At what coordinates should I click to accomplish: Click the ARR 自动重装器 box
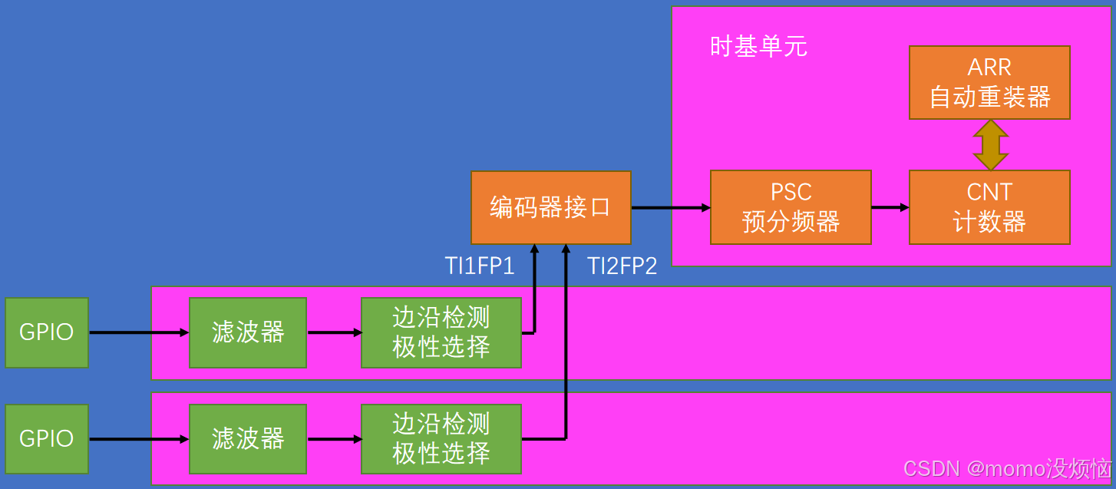point(989,82)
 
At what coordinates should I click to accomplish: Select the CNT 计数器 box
point(989,207)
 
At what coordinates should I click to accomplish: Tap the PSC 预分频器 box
point(791,207)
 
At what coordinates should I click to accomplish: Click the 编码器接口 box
point(550,207)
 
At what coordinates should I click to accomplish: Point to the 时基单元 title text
point(758,47)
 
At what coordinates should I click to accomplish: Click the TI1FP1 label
point(480,266)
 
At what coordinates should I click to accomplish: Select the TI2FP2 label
point(622,266)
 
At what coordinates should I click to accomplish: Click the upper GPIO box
point(47,332)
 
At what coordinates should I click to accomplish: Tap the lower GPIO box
point(47,438)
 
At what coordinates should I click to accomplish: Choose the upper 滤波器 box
point(248,332)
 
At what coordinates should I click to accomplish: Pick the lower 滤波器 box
point(248,438)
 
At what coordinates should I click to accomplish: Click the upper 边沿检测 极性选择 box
point(441,332)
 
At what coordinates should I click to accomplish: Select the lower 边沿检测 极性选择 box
point(441,438)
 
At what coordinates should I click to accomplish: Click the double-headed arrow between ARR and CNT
point(990,145)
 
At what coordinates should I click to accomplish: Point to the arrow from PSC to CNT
point(890,207)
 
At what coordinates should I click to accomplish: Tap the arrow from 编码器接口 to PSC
point(670,207)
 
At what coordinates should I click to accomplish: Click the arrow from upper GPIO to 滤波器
point(138,332)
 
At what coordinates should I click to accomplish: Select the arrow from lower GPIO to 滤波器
point(138,439)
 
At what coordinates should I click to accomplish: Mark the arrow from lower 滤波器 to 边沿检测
point(334,439)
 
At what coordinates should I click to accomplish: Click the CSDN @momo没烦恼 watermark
point(1007,468)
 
